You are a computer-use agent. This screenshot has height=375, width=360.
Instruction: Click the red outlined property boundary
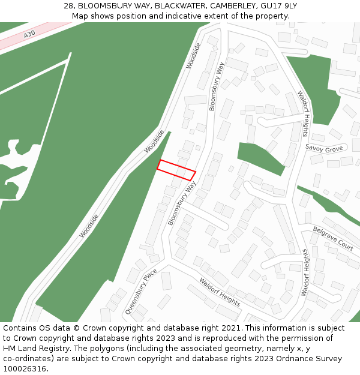pos(176,170)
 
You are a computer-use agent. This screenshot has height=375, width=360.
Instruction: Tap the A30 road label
pos(30,35)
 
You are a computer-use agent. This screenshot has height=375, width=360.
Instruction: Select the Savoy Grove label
pos(324,148)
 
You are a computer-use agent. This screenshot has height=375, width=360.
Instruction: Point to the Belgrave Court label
pos(333,238)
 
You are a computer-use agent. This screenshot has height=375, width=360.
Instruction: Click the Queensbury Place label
pos(141,292)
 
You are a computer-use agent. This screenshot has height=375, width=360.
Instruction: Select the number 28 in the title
pos(68,6)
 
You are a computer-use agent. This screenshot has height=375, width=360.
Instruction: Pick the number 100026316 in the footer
pos(25,369)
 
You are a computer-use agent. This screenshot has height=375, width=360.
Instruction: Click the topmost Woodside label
pos(193,55)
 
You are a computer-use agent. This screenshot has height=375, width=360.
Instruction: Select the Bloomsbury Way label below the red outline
pos(182,204)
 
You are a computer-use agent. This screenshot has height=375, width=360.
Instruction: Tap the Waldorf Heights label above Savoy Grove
pos(304,113)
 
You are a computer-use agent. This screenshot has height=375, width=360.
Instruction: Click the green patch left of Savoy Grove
pos(259,158)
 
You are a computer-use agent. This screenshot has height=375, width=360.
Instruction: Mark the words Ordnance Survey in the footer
pos(314,359)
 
